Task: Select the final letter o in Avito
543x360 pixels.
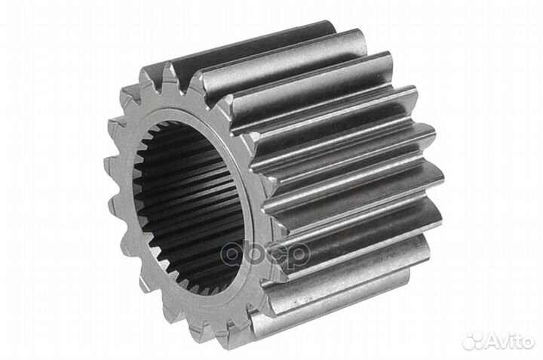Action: pos(528,343)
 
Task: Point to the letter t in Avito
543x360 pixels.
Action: pos(518,343)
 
